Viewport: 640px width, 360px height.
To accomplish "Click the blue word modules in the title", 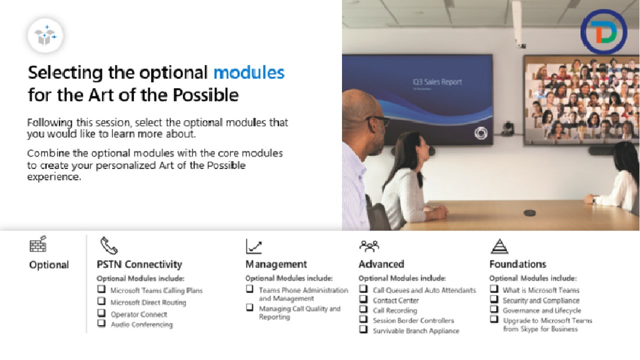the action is click(x=249, y=72).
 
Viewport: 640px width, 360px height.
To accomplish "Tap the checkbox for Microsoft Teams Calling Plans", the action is click(x=101, y=289).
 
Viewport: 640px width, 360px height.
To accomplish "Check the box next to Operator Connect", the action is click(x=101, y=313).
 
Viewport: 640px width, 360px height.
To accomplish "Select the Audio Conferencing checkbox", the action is click(x=101, y=323).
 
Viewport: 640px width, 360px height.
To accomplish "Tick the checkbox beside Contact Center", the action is click(x=363, y=299).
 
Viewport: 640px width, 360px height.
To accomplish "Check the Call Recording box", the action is click(x=363, y=309).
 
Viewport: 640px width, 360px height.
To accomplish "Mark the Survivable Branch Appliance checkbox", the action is click(x=363, y=329).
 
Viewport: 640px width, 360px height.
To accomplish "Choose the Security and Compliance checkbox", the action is click(x=494, y=299).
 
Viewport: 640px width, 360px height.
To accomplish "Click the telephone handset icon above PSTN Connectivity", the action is click(x=109, y=245).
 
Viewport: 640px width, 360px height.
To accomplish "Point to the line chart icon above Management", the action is click(x=253, y=246).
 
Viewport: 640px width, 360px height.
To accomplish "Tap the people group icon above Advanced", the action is click(x=369, y=246).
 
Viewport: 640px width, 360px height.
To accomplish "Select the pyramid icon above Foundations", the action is click(x=499, y=246).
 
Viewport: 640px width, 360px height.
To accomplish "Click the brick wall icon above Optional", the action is click(x=38, y=244).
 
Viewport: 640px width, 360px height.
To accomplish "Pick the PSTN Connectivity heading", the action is click(x=139, y=264).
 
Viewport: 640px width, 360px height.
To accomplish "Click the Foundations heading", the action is click(x=517, y=264).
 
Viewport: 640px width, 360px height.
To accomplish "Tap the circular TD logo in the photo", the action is click(x=603, y=31).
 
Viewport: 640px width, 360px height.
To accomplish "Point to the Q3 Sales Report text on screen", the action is click(x=437, y=82).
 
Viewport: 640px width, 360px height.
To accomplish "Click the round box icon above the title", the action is click(x=45, y=35).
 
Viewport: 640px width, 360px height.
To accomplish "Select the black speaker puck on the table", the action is click(x=529, y=213).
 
